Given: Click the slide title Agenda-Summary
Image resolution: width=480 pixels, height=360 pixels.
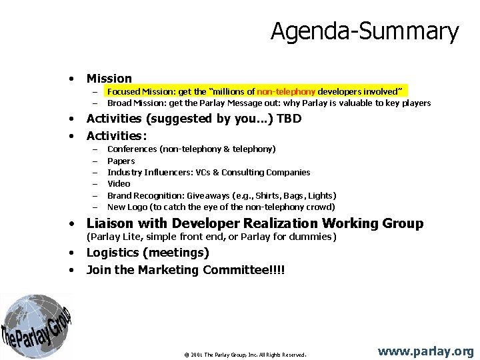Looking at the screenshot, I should tap(365, 31).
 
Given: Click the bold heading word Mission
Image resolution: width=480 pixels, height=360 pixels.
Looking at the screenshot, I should tap(109, 79).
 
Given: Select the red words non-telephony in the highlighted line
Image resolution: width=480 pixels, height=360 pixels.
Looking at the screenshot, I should tap(286, 91).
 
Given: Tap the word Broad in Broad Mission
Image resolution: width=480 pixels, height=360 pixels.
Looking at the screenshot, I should tap(119, 103).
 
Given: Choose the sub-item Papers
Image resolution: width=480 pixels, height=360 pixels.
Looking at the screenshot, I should tap(121, 161).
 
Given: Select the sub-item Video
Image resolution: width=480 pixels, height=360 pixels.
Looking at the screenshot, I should tap(119, 183).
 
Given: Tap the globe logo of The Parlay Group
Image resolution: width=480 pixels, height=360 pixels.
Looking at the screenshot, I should tap(35, 325).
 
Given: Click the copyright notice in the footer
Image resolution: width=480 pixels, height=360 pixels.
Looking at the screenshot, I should tap(245, 355).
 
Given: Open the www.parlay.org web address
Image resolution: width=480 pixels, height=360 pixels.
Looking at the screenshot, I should tap(426, 351).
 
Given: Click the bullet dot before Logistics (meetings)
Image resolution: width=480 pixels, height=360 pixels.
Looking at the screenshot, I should tap(71, 253).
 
